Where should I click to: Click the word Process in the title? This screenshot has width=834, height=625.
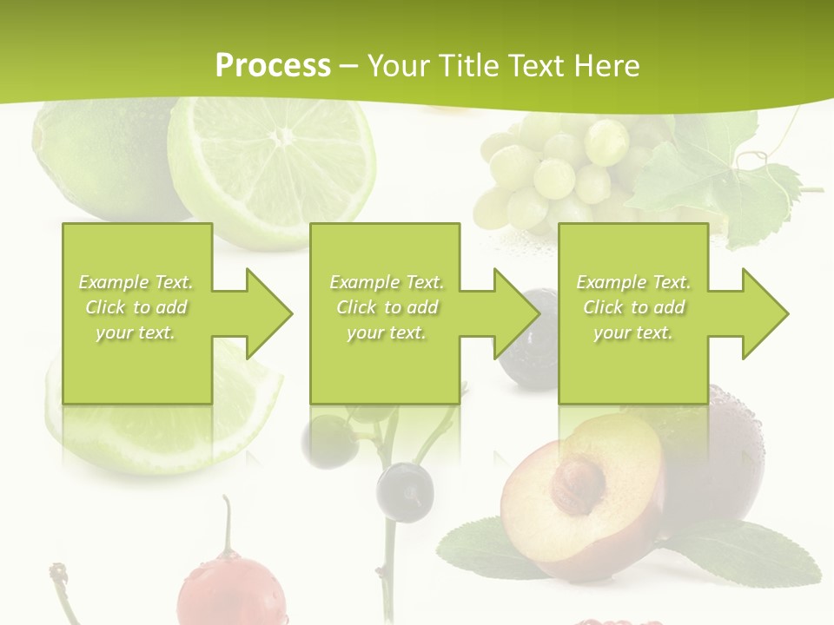coord(273,66)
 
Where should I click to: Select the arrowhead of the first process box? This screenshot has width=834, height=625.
coord(269,313)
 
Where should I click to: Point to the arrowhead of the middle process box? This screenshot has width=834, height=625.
coord(517,313)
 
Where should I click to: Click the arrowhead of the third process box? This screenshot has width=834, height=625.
coord(765,313)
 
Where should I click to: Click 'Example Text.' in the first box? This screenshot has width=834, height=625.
coord(136,282)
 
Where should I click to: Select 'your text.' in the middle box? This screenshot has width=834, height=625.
coord(386,332)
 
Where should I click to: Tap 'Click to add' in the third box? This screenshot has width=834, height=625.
coord(633,307)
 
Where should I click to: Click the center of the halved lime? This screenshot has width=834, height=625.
coord(281,136)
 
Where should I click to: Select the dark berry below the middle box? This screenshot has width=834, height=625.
coord(405,490)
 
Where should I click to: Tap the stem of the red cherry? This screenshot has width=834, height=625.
coord(228,525)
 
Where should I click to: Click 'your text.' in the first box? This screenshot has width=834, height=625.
coord(136,332)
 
